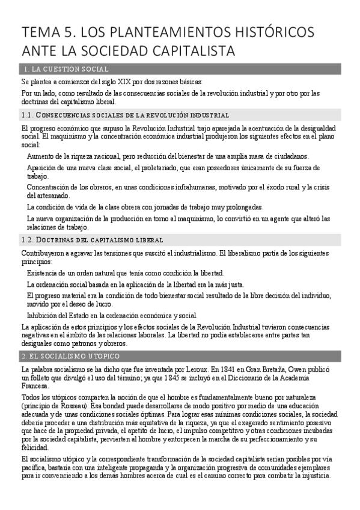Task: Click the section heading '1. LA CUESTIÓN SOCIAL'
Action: (65, 69)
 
